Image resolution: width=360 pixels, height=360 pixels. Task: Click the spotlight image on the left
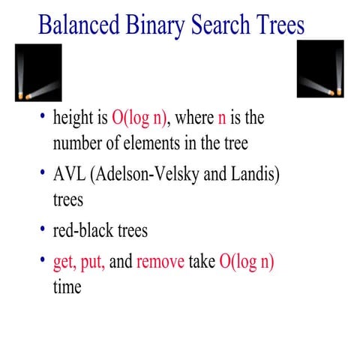coord(38,72)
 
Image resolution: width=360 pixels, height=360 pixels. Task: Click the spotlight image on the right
coord(320,68)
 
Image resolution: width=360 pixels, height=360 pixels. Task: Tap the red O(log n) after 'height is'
coord(142,118)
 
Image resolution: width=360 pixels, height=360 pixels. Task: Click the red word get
coord(63,265)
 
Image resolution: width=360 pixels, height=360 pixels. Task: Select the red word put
coord(94,265)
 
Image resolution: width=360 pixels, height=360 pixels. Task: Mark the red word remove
coord(160,265)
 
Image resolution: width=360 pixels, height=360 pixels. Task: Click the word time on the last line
coord(67,287)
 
